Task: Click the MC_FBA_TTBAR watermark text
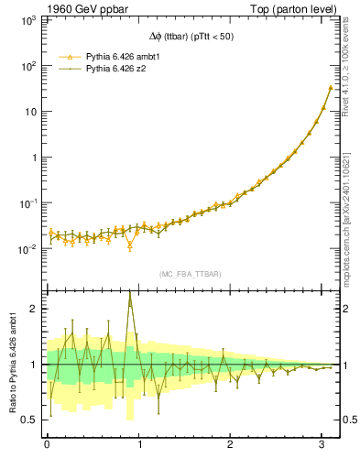point(191,274)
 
